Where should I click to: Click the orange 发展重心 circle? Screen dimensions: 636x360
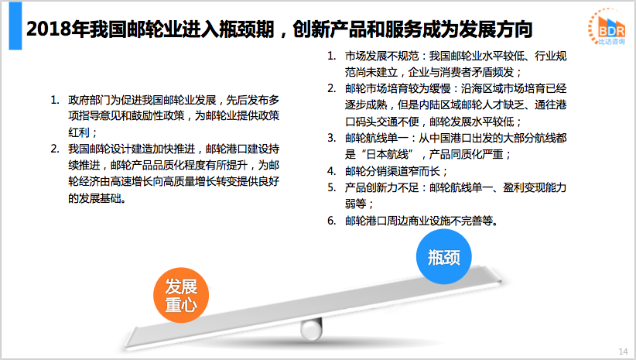click(x=181, y=295)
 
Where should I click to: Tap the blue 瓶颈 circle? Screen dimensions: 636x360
click(x=444, y=256)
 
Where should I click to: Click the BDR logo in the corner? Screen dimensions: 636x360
click(x=607, y=27)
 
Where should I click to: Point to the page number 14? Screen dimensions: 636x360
click(x=623, y=351)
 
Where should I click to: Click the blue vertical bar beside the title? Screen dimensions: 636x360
click(x=15, y=26)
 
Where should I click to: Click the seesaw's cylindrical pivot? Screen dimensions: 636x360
click(x=312, y=328)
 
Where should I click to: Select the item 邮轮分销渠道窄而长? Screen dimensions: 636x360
click(x=392, y=171)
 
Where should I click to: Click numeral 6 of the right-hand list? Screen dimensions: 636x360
click(x=331, y=221)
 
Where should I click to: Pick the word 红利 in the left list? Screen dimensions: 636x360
click(x=79, y=132)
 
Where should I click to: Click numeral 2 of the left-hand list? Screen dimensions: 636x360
click(x=54, y=149)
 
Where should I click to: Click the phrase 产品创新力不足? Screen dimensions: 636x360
click(x=381, y=187)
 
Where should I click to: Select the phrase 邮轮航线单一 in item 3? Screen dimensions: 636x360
click(x=376, y=139)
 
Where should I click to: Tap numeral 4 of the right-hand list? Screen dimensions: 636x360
click(x=331, y=171)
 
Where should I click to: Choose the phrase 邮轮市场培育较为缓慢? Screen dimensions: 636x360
click(x=398, y=88)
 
